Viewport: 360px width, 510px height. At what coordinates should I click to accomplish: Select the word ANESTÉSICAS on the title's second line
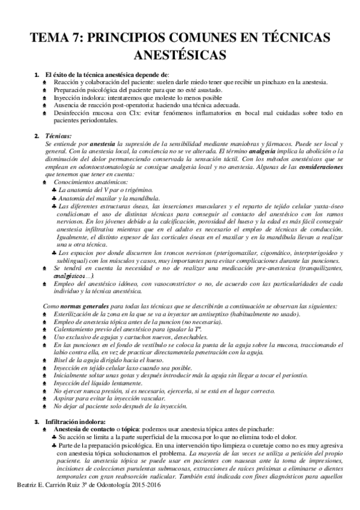180,55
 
